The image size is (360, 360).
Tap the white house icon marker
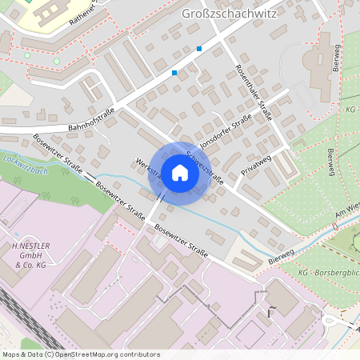pyautogui.click(x=180, y=173)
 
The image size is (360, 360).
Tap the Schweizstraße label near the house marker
pyautogui.click(x=206, y=168)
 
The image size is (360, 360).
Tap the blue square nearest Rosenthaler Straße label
pyautogui.click(x=199, y=49)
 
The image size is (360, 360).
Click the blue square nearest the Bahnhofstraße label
pyautogui.click(x=174, y=73)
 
